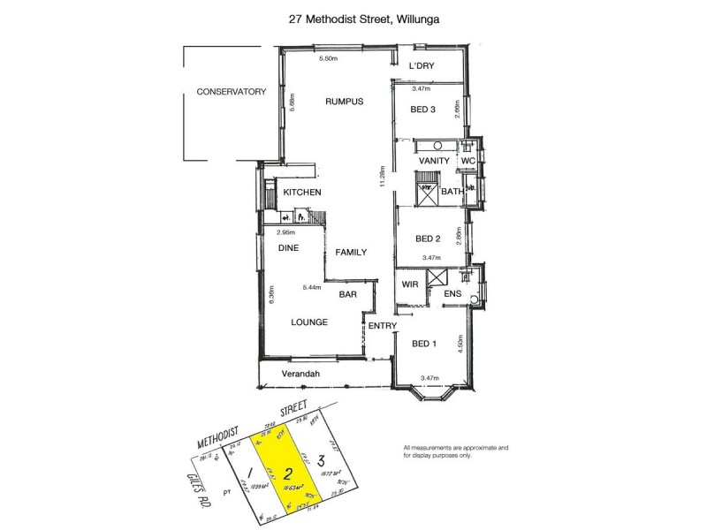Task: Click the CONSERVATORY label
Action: pyautogui.click(x=232, y=92)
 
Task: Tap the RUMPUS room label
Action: pyautogui.click(x=345, y=102)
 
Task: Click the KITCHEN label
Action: pyautogui.click(x=301, y=193)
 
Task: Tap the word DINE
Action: pyautogui.click(x=289, y=249)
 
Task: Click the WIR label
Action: pyautogui.click(x=410, y=285)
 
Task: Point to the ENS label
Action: pyautogui.click(x=452, y=293)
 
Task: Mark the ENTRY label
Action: pyautogui.click(x=382, y=326)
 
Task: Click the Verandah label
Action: pyautogui.click(x=299, y=374)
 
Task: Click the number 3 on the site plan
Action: pyautogui.click(x=323, y=460)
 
